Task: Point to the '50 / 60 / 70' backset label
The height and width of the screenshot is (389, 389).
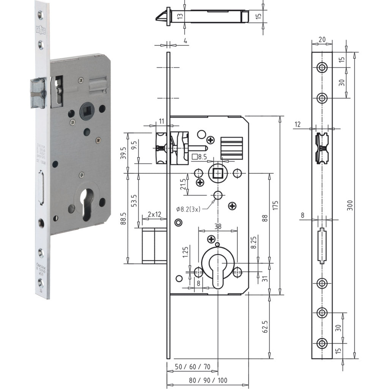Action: tap(193, 367)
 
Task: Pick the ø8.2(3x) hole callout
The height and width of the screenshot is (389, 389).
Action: tap(188, 209)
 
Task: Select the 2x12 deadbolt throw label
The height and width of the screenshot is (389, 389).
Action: tap(152, 215)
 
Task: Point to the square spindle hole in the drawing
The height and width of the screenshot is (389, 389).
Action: tap(217, 174)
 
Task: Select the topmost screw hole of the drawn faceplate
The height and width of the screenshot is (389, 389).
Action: tap(322, 68)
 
